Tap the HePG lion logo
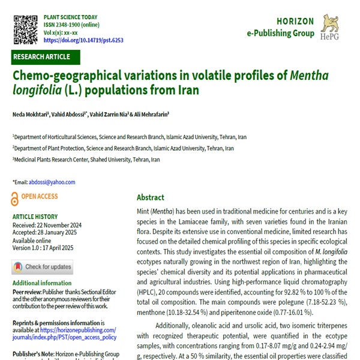click(x=333, y=28)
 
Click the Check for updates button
click(x=42, y=266)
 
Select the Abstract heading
click(x=150, y=197)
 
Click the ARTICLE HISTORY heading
click(x=37, y=217)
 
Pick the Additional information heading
click(x=42, y=283)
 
